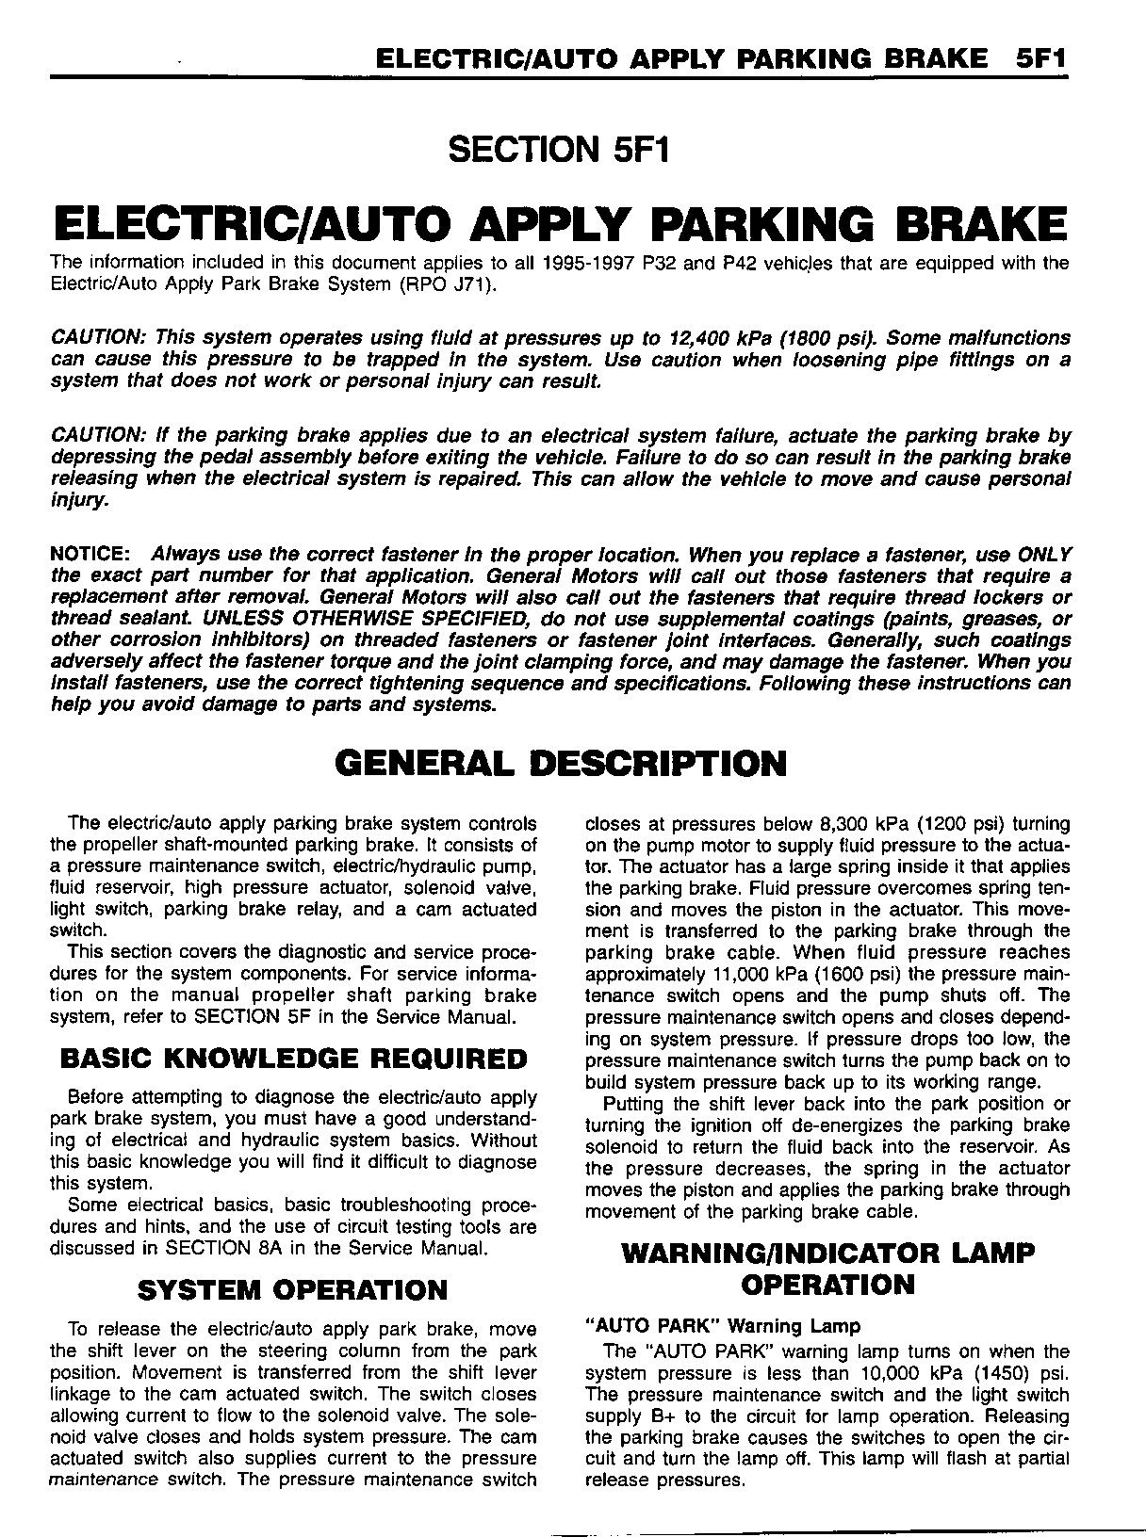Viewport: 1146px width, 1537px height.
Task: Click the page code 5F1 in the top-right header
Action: click(x=1041, y=58)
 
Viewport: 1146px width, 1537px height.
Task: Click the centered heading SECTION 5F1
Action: click(x=560, y=149)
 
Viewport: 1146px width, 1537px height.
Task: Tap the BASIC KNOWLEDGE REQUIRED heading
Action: click(x=293, y=1059)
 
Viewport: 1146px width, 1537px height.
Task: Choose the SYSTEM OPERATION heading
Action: click(x=292, y=1289)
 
